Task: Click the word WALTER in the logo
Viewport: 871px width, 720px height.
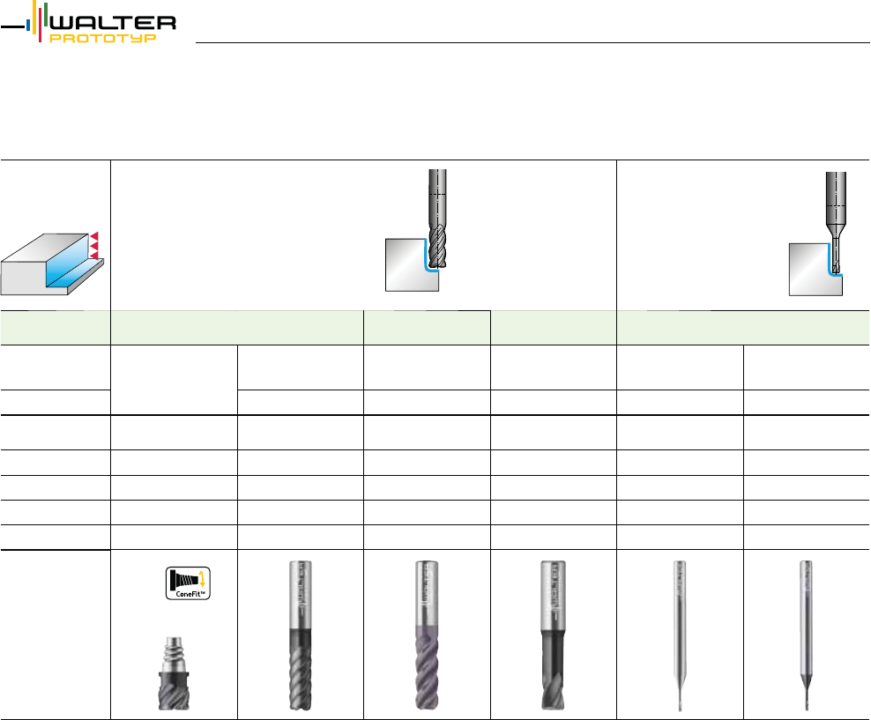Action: tap(113, 23)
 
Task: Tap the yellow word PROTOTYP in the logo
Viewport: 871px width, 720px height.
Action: tap(103, 38)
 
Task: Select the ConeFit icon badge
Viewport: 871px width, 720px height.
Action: tap(188, 583)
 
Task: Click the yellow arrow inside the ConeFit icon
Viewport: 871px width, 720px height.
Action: tap(203, 580)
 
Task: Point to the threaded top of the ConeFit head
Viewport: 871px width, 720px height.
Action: tap(174, 654)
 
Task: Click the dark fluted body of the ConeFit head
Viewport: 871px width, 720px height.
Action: tap(174, 691)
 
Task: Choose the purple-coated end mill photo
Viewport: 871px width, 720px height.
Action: tap(427, 635)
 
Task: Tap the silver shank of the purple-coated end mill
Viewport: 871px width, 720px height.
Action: tap(427, 593)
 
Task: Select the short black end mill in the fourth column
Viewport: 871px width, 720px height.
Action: tap(554, 635)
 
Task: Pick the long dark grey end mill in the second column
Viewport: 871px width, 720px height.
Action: tap(300, 635)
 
